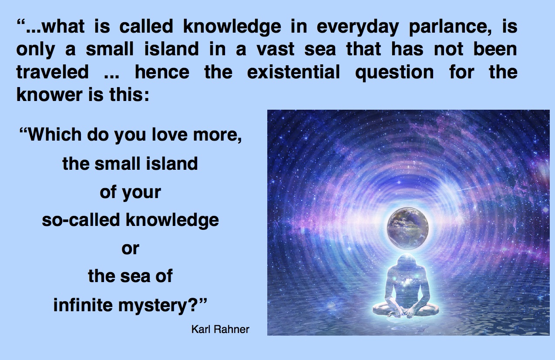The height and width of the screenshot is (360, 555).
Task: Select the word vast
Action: [x=276, y=49]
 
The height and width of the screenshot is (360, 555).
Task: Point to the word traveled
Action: [x=53, y=71]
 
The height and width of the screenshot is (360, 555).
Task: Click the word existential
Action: [x=293, y=71]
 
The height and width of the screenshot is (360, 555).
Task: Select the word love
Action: [x=170, y=135]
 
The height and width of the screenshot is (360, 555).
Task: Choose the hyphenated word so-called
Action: [x=81, y=219]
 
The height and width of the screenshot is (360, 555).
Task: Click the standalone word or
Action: [x=130, y=249]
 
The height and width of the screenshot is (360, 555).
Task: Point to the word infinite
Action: [x=83, y=305]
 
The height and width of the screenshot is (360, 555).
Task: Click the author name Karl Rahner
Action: [x=220, y=329]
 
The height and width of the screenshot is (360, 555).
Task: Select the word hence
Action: [x=162, y=71]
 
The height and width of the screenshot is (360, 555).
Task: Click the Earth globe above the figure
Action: [x=408, y=229]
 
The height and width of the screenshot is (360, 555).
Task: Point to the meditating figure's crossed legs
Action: [x=406, y=311]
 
